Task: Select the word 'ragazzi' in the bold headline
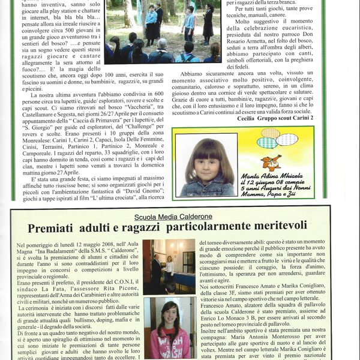point(151,228)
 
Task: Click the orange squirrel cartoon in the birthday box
point(271,162)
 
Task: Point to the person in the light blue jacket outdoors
point(151,18)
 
